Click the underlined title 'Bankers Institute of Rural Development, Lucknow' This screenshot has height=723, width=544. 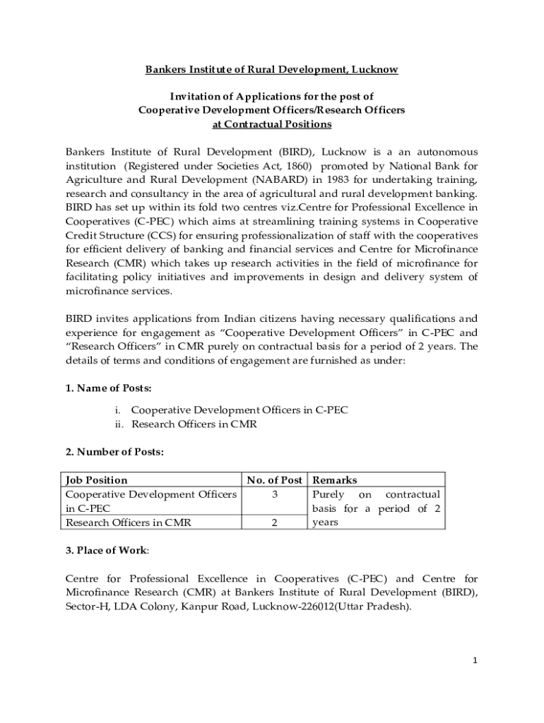pyautogui.click(x=271, y=69)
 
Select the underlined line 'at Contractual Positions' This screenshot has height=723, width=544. pyautogui.click(x=272, y=124)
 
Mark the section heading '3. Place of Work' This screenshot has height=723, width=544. pyautogui.click(x=107, y=550)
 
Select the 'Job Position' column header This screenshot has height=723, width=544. pyautogui.click(x=97, y=480)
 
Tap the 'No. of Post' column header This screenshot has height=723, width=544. pyautogui.click(x=274, y=480)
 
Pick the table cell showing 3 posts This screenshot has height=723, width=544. pyautogui.click(x=274, y=494)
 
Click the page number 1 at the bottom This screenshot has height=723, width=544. pyautogui.click(x=475, y=660)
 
